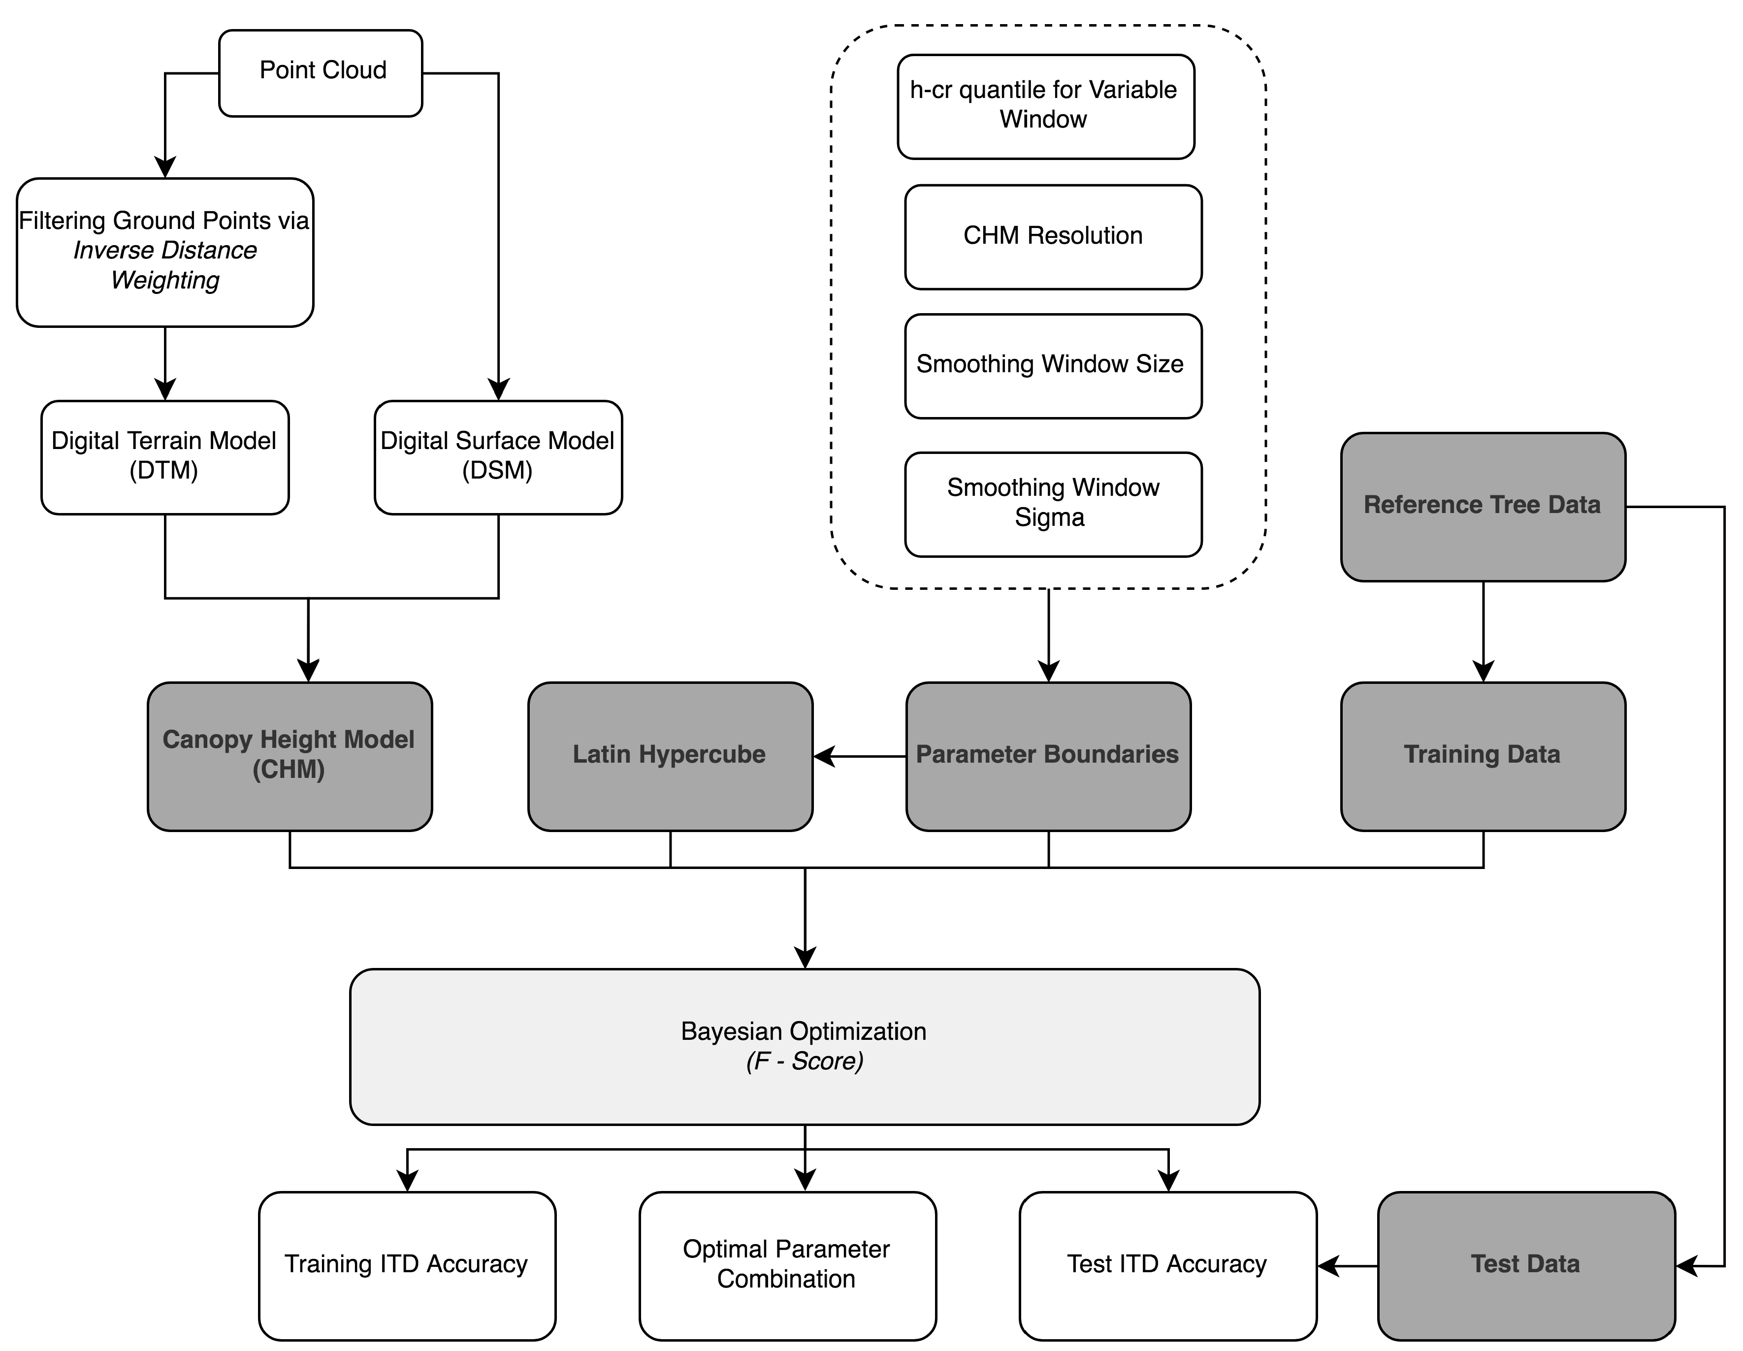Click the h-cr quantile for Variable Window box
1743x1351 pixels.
pos(1045,106)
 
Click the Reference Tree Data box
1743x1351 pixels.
pos(1482,506)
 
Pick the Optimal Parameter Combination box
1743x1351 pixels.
pos(786,1265)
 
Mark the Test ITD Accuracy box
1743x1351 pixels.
pos(1167,1265)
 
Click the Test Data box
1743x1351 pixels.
pos(1525,1265)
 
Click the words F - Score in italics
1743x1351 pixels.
pos(805,1061)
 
